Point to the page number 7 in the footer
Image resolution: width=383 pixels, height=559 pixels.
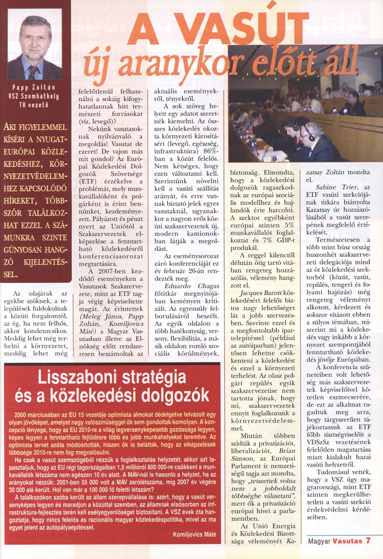(368, 540)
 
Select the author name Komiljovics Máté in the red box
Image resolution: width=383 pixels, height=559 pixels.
(194, 534)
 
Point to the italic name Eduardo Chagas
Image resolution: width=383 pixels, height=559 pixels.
(192, 286)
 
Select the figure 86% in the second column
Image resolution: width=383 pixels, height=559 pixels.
(210, 151)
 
